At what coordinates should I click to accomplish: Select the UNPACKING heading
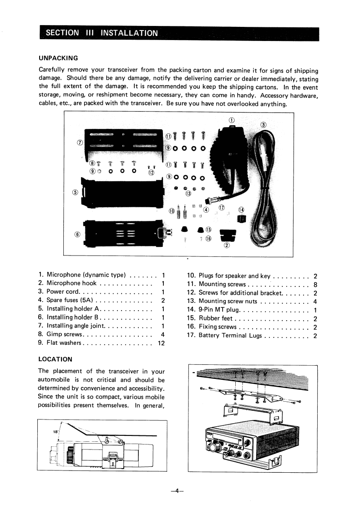(x=59, y=58)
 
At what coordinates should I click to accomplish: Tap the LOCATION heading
(x=56, y=359)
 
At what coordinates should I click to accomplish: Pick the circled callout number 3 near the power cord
(x=263, y=126)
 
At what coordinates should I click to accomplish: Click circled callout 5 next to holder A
(x=76, y=191)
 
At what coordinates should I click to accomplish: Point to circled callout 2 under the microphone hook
(x=227, y=246)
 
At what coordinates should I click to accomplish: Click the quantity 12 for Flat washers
(x=160, y=343)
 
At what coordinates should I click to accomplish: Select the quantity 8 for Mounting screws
(x=315, y=284)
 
